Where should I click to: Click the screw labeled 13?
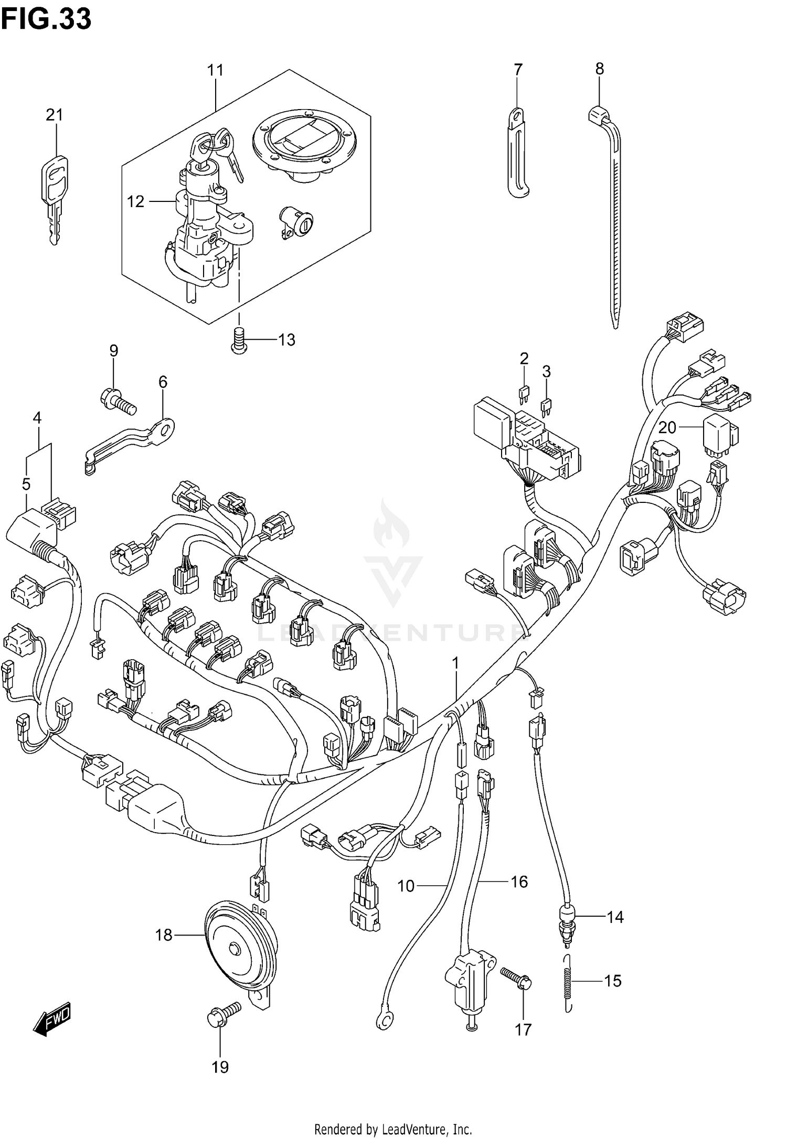[239, 340]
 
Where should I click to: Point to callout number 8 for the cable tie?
[599, 69]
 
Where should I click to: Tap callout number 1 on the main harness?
[455, 664]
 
